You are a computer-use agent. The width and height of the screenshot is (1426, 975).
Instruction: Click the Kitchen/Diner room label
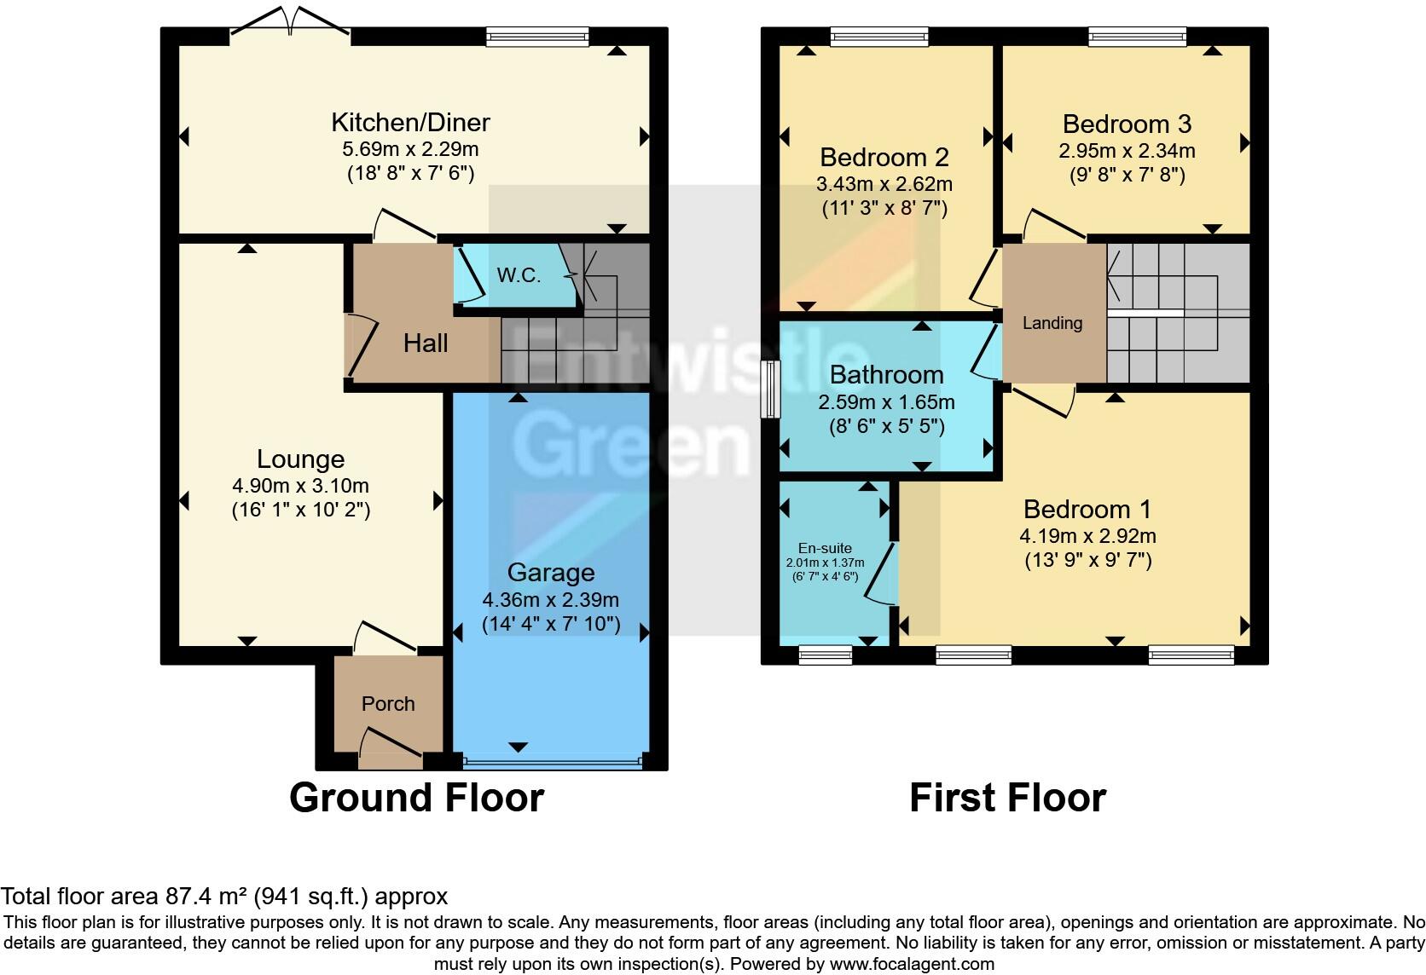[410, 123]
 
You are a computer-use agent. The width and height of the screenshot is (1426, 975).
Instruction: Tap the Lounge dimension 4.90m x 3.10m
[300, 486]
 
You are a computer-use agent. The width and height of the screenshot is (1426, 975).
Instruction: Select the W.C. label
[519, 275]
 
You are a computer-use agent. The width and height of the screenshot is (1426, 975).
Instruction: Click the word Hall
[426, 343]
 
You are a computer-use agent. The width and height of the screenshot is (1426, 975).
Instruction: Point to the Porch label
[388, 704]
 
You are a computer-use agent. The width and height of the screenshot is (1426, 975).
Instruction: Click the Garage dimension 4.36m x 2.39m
[551, 599]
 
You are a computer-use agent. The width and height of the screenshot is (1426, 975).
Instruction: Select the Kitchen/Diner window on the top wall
[537, 36]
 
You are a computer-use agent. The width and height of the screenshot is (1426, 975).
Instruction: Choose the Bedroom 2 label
[884, 158]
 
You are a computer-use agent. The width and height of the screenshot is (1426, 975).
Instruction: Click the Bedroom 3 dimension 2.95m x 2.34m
[1127, 152]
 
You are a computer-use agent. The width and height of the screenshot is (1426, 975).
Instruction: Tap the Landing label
[1052, 323]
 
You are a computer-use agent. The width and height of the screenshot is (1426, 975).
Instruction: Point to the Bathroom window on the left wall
[770, 389]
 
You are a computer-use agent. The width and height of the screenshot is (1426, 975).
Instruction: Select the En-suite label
[825, 548]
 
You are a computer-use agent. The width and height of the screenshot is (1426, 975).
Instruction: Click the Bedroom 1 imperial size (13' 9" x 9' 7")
[1088, 560]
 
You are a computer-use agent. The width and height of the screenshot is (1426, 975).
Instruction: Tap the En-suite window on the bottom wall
[826, 655]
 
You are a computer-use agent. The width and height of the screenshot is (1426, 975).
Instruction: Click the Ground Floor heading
[416, 798]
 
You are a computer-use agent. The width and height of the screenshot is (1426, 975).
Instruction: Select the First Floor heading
[1007, 798]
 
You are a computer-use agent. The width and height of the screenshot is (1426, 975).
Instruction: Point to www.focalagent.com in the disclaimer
[912, 964]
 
